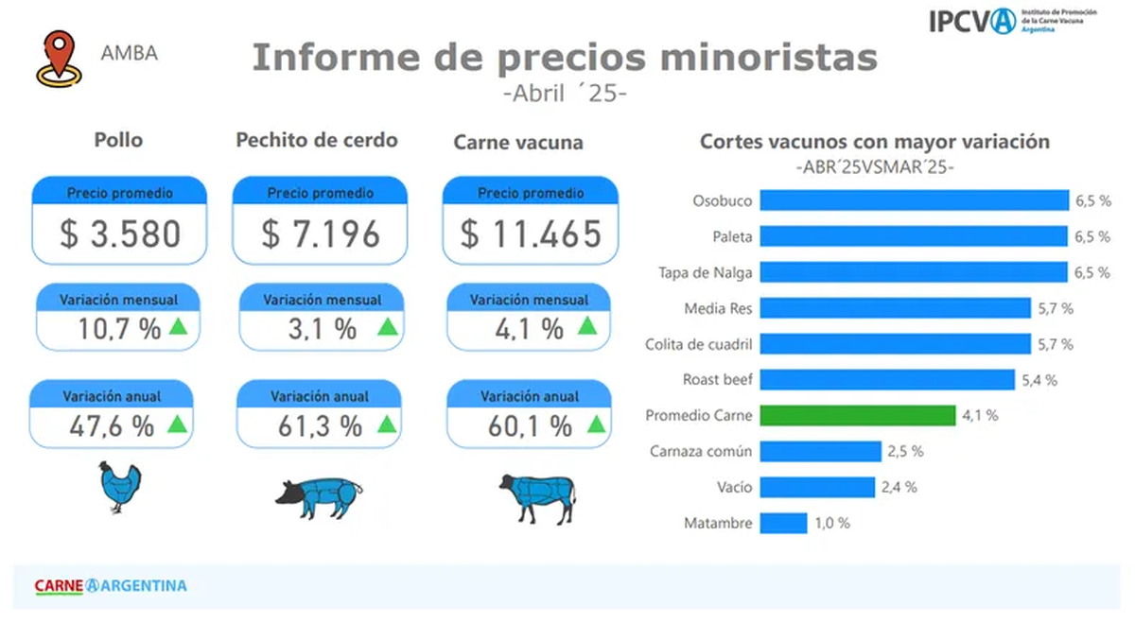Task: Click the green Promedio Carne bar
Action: [858, 416]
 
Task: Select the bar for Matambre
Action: [783, 523]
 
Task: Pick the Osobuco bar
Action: [914, 200]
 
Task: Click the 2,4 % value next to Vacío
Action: [899, 488]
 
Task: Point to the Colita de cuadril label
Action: [698, 344]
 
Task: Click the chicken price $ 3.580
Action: [120, 234]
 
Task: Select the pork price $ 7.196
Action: [321, 234]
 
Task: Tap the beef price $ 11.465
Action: [531, 234]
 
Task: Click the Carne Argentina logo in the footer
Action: [111, 585]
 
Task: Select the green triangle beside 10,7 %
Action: [177, 327]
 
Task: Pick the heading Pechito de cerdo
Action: [316, 140]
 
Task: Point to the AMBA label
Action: [130, 53]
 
